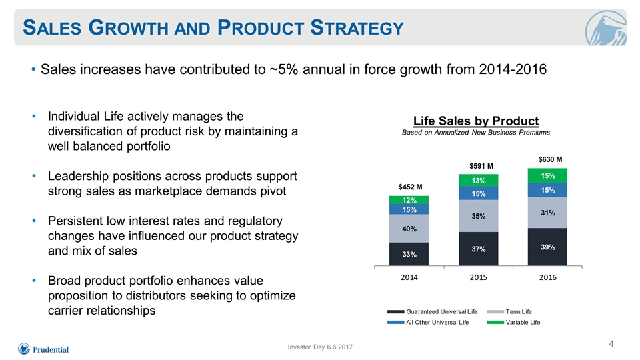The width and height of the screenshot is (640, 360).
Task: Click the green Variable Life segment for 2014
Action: (409, 200)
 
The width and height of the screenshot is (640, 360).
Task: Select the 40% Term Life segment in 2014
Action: (409, 229)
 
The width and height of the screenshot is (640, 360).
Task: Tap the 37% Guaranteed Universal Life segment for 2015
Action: (479, 249)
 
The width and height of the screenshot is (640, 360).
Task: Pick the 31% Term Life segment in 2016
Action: (547, 213)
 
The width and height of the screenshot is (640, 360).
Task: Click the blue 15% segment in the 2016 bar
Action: (547, 190)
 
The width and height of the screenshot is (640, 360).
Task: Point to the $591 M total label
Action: (481, 166)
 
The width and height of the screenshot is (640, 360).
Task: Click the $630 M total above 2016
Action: (550, 159)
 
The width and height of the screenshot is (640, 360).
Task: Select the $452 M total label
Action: (410, 187)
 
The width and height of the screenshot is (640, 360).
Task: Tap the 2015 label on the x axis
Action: (479, 277)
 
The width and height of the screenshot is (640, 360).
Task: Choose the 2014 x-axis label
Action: (409, 277)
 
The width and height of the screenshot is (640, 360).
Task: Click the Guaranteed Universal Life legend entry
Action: (432, 312)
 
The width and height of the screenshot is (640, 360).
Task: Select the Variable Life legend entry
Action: (513, 323)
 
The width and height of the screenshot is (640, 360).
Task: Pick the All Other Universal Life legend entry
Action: (428, 323)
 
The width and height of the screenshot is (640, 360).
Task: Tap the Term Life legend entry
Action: (509, 312)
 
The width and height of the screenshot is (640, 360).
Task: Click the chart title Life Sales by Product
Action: (476, 121)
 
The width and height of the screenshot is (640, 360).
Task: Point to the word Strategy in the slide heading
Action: (357, 28)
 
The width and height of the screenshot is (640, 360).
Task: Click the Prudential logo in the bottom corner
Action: (43, 349)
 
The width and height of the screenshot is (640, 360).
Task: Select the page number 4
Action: (611, 344)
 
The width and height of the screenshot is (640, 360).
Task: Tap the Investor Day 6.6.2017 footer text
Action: (320, 347)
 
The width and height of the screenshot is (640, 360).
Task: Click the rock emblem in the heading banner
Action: (605, 28)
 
